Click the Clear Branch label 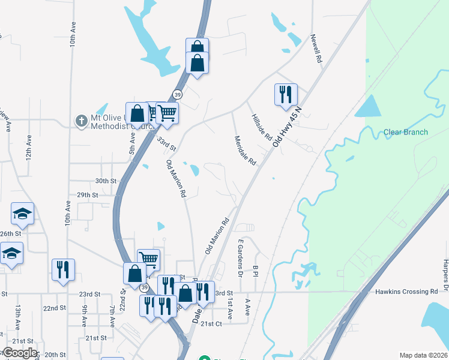point(406,133)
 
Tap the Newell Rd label point(316,49)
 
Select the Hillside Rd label point(262,127)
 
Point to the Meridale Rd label point(245,151)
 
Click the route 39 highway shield point(177,95)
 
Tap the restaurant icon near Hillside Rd point(286,94)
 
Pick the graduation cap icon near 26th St point(22,214)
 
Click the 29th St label point(87,195)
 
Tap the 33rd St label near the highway point(166,143)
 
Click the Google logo point(20,353)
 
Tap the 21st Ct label point(211,323)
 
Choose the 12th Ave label point(29,146)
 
